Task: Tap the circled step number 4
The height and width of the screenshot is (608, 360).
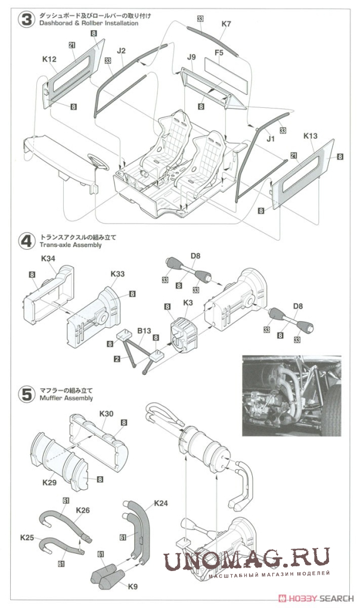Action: (26, 241)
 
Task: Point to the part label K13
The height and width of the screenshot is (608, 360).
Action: (310, 136)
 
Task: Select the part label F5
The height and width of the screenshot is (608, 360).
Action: (219, 52)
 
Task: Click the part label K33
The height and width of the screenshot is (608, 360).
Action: (117, 274)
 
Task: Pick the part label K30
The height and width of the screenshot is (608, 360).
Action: (107, 413)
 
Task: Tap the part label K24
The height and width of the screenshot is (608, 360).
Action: (161, 504)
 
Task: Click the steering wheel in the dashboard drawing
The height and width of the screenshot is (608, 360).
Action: (97, 160)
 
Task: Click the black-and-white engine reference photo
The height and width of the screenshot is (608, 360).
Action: (291, 396)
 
